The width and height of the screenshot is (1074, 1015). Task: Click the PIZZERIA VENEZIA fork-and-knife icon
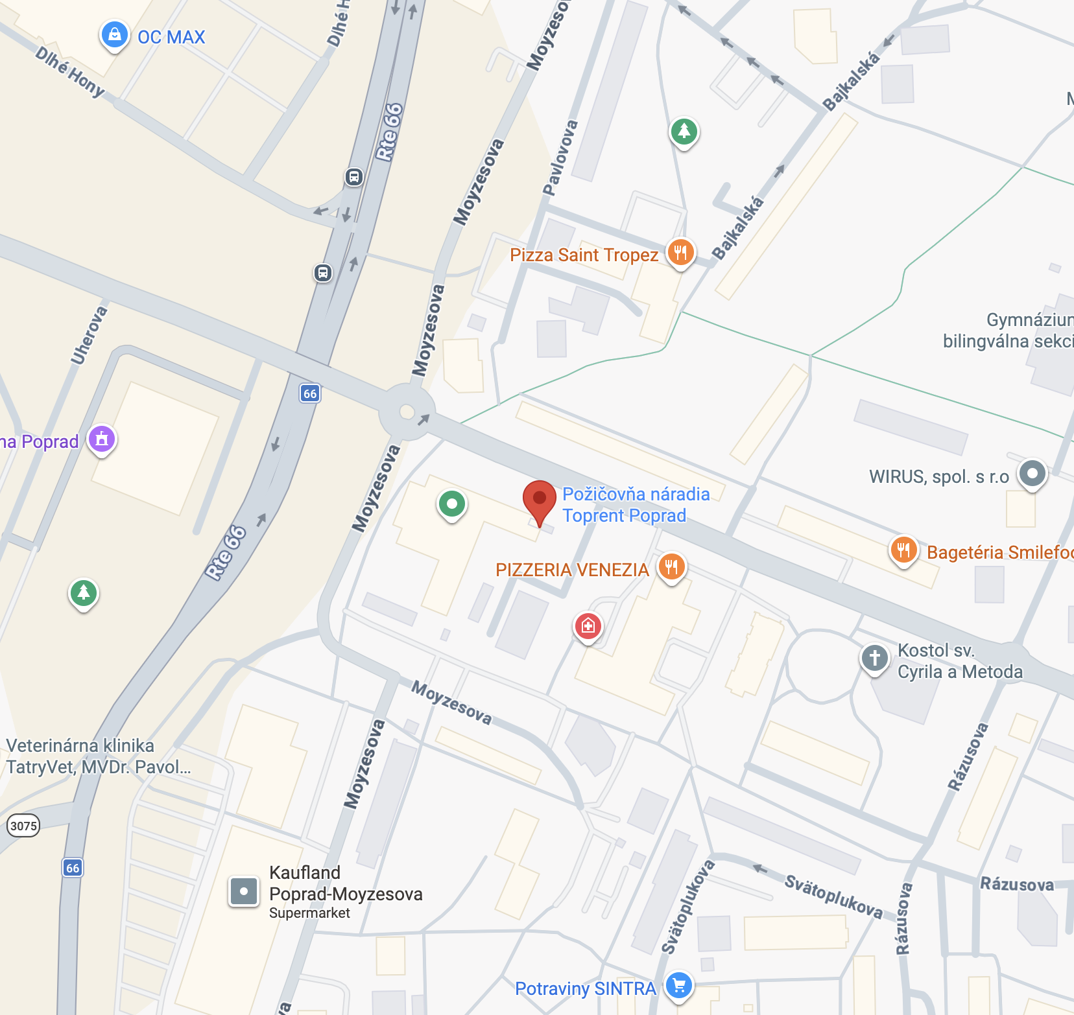point(671,566)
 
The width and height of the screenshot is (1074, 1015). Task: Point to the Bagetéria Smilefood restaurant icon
point(903,550)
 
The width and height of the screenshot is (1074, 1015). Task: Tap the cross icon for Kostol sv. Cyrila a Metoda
point(874,657)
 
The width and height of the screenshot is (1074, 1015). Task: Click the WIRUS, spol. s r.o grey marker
point(1032,473)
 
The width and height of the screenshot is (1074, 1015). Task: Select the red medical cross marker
point(588,625)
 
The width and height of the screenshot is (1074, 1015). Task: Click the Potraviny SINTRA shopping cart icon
point(679,985)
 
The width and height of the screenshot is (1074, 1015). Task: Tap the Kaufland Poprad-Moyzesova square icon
point(244,891)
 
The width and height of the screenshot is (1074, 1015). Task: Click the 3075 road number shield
point(23,826)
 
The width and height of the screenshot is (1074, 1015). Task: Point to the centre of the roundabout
point(407,412)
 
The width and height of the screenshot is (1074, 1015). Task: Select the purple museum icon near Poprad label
point(102,439)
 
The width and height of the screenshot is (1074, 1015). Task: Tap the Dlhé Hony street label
point(69,71)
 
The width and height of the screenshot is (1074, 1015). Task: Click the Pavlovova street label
point(560,157)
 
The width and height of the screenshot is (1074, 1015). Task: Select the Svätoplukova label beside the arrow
point(833,896)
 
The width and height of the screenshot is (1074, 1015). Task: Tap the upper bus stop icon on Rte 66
point(353,176)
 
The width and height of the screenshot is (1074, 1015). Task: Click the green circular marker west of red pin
point(452,504)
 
